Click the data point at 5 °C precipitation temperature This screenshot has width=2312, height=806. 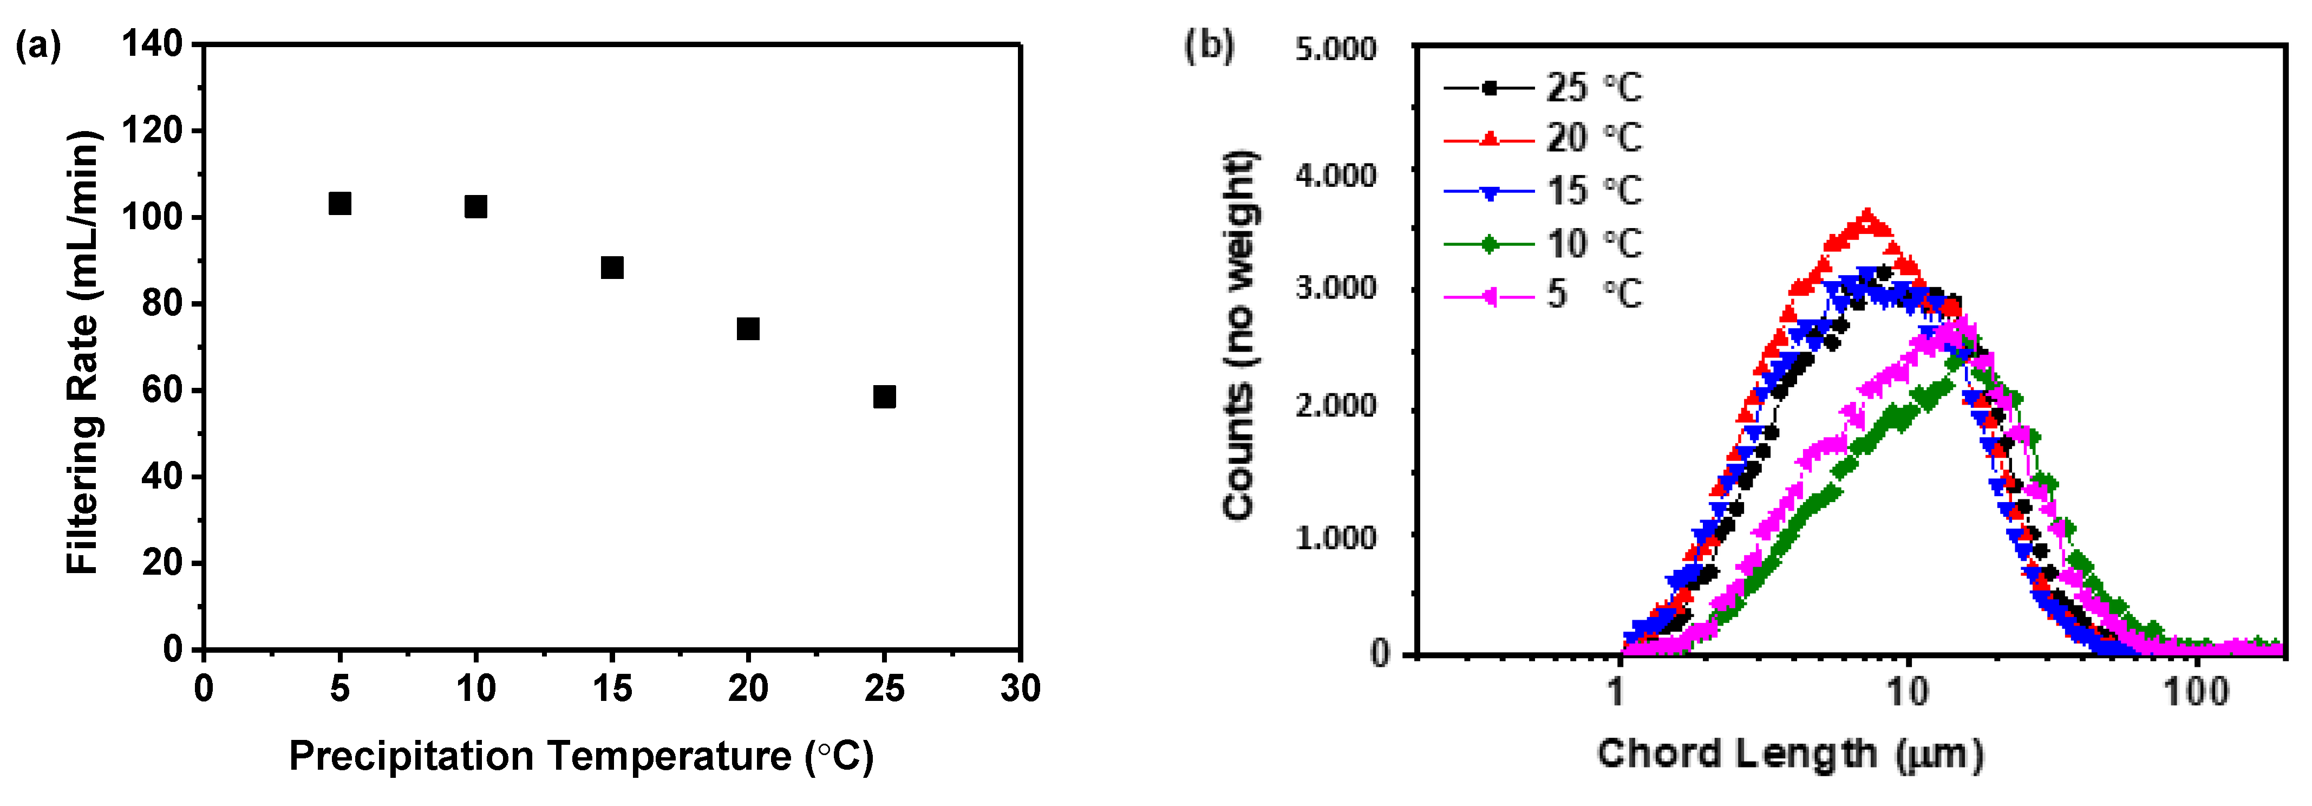click(339, 204)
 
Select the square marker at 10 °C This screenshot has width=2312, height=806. click(476, 207)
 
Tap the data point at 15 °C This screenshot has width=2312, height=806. click(612, 268)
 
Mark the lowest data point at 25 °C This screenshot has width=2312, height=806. click(884, 396)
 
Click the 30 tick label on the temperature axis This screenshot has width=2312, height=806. click(1021, 690)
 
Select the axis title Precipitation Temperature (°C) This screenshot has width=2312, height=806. click(580, 757)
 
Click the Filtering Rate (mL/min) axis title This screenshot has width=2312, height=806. click(83, 352)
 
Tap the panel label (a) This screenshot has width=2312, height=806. click(38, 45)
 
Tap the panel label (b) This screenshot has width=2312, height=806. click(1209, 45)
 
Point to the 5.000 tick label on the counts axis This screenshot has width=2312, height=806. click(1336, 49)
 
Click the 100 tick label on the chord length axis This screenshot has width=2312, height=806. click(2196, 693)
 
